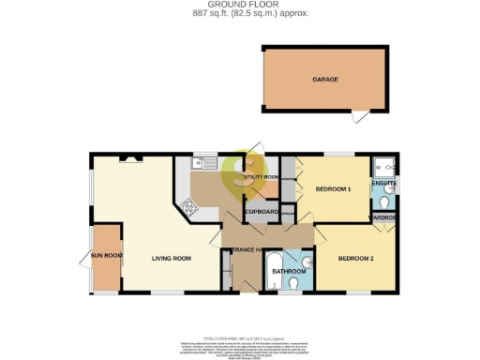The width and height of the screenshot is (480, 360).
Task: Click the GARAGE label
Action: tap(325, 81)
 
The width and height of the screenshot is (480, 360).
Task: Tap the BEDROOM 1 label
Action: tap(333, 190)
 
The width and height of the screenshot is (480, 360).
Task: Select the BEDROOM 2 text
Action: tap(356, 259)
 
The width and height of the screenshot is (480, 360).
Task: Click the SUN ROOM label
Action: tap(106, 254)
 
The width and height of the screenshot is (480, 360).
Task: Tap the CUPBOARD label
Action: tap(262, 213)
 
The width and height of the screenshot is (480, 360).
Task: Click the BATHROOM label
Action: tap(288, 272)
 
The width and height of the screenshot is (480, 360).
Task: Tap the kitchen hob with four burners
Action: tap(188, 209)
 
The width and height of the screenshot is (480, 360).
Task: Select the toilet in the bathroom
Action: tap(293, 284)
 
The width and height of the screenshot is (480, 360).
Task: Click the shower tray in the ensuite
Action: tap(384, 167)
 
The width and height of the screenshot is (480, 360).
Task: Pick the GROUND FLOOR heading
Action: tap(240, 5)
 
